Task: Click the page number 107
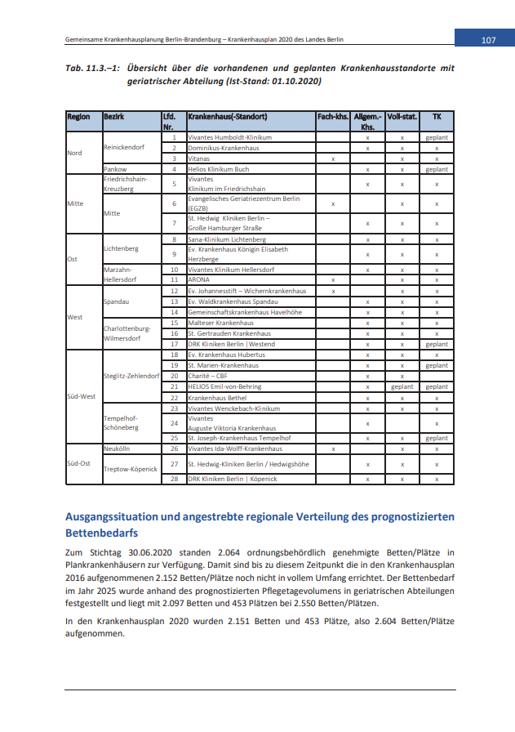[x=488, y=40]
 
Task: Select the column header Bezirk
[x=113, y=117]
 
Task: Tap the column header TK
[x=437, y=117]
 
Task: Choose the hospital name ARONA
[x=199, y=279]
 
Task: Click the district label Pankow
[x=114, y=169]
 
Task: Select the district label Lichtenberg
[x=121, y=248]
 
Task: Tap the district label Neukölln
[x=118, y=449]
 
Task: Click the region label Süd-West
[x=82, y=396]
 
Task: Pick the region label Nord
[x=74, y=153]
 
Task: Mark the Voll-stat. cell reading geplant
[x=402, y=386]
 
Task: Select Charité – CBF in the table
[x=211, y=376]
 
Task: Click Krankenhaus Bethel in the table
[x=217, y=397]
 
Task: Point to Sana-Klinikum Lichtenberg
[x=227, y=239]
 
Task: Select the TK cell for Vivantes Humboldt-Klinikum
[x=437, y=138]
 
